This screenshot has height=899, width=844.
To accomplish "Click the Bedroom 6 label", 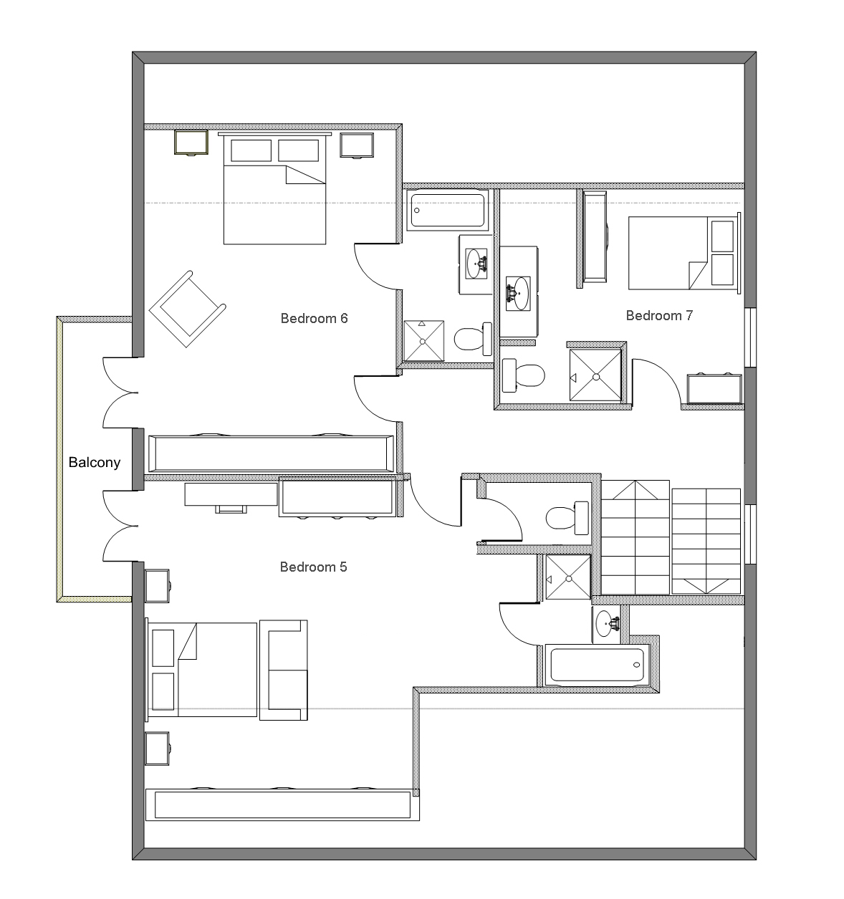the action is (x=314, y=318).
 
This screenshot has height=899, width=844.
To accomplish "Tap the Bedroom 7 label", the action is (x=659, y=315).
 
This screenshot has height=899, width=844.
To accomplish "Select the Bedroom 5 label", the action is (x=313, y=567).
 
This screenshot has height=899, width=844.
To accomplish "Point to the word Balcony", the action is (x=94, y=462).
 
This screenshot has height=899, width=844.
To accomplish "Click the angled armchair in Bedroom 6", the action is (x=188, y=309).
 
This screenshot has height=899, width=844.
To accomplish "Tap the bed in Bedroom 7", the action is (x=684, y=253).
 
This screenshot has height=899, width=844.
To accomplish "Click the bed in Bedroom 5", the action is (x=201, y=670).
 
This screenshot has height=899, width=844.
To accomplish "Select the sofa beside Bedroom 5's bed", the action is (x=284, y=670).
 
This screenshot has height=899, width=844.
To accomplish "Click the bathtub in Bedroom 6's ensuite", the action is (x=447, y=211).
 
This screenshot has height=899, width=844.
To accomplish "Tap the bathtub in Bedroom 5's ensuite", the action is (x=598, y=665).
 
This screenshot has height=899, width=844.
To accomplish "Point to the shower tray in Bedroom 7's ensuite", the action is (x=595, y=375).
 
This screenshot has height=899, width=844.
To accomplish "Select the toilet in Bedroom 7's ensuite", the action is (x=524, y=375).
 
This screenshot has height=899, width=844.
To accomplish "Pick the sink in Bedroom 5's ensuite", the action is (x=606, y=624).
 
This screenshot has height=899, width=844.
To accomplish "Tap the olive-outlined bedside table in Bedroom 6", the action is (x=191, y=143).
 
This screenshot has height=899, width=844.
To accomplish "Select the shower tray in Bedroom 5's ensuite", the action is (x=568, y=577).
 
